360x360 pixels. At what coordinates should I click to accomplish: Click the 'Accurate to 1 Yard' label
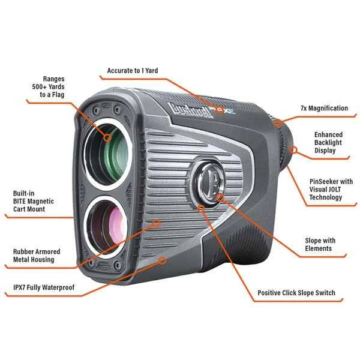tap(133, 71)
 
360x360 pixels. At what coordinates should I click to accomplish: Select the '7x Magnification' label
tap(324, 109)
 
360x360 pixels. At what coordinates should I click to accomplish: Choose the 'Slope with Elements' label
tap(320, 244)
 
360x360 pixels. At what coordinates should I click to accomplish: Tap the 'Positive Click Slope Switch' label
tap(296, 293)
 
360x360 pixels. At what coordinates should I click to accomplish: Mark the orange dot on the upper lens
tap(108, 137)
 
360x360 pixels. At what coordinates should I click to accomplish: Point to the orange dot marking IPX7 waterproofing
tap(163, 261)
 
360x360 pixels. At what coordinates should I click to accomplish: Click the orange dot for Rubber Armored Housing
tap(157, 223)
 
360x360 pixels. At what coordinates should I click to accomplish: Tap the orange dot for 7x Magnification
tap(279, 122)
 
